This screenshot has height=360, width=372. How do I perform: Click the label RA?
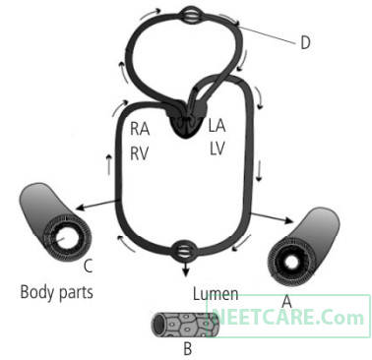pos(140,129)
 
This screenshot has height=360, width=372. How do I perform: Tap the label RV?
pos(140,153)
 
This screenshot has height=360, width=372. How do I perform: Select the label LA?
pos(217,126)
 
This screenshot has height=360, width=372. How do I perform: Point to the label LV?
pos(217,149)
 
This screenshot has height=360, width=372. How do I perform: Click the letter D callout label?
pos(305,42)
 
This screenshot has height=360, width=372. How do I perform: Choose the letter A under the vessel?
pos(287,302)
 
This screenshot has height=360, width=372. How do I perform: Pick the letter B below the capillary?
pos(188,349)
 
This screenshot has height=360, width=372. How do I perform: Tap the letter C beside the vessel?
pos(88,266)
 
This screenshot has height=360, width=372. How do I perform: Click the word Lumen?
pos(216,294)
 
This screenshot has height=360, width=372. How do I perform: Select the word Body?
pos(35,292)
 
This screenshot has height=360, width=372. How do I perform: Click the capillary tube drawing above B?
pos(184,325)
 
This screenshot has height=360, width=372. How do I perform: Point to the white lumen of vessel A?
pos(291,263)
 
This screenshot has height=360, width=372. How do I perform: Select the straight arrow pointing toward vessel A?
pos(272,217)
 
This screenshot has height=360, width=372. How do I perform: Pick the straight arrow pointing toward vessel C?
pos(96,205)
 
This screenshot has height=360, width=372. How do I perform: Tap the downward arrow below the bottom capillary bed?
pos(186,270)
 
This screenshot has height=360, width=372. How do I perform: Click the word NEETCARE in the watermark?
pos(263,317)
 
